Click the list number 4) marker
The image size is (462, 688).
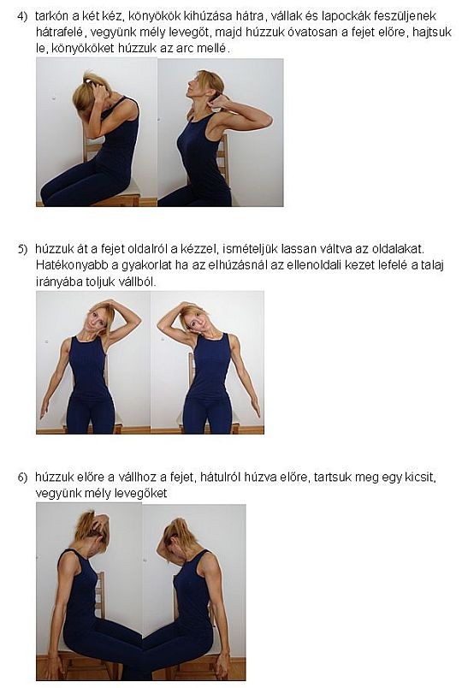(x=22, y=16)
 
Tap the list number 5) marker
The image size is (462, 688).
(x=22, y=249)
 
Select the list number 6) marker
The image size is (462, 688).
(x=22, y=477)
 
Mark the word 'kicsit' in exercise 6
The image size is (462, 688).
(x=421, y=477)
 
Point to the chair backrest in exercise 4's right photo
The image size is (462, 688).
(x=224, y=158)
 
